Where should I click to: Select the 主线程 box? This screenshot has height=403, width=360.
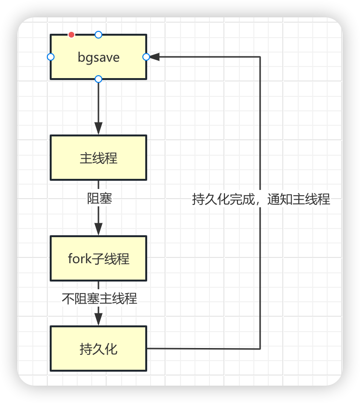tap(98, 158)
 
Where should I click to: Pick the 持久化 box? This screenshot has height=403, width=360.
tap(98, 349)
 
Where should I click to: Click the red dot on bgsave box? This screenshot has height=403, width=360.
tap(71, 34)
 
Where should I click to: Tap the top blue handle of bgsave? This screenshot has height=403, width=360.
tap(98, 34)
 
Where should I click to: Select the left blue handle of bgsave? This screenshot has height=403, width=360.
tap(51, 57)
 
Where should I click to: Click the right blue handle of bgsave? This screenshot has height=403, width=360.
tap(146, 57)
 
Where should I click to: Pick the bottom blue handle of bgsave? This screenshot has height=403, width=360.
tap(98, 79)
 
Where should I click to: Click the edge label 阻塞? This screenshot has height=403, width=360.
tap(99, 198)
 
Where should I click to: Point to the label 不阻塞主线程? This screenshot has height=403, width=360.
tap(99, 298)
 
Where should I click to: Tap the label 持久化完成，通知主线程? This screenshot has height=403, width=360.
tap(261, 199)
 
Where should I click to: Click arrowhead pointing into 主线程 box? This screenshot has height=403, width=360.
tap(98, 129)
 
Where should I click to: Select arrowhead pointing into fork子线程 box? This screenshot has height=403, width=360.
tap(98, 229)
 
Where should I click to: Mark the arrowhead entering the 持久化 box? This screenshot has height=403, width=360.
tap(98, 319)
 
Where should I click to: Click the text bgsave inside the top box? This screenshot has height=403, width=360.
tap(98, 57)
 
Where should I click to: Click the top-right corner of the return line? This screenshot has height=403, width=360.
tap(261, 57)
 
